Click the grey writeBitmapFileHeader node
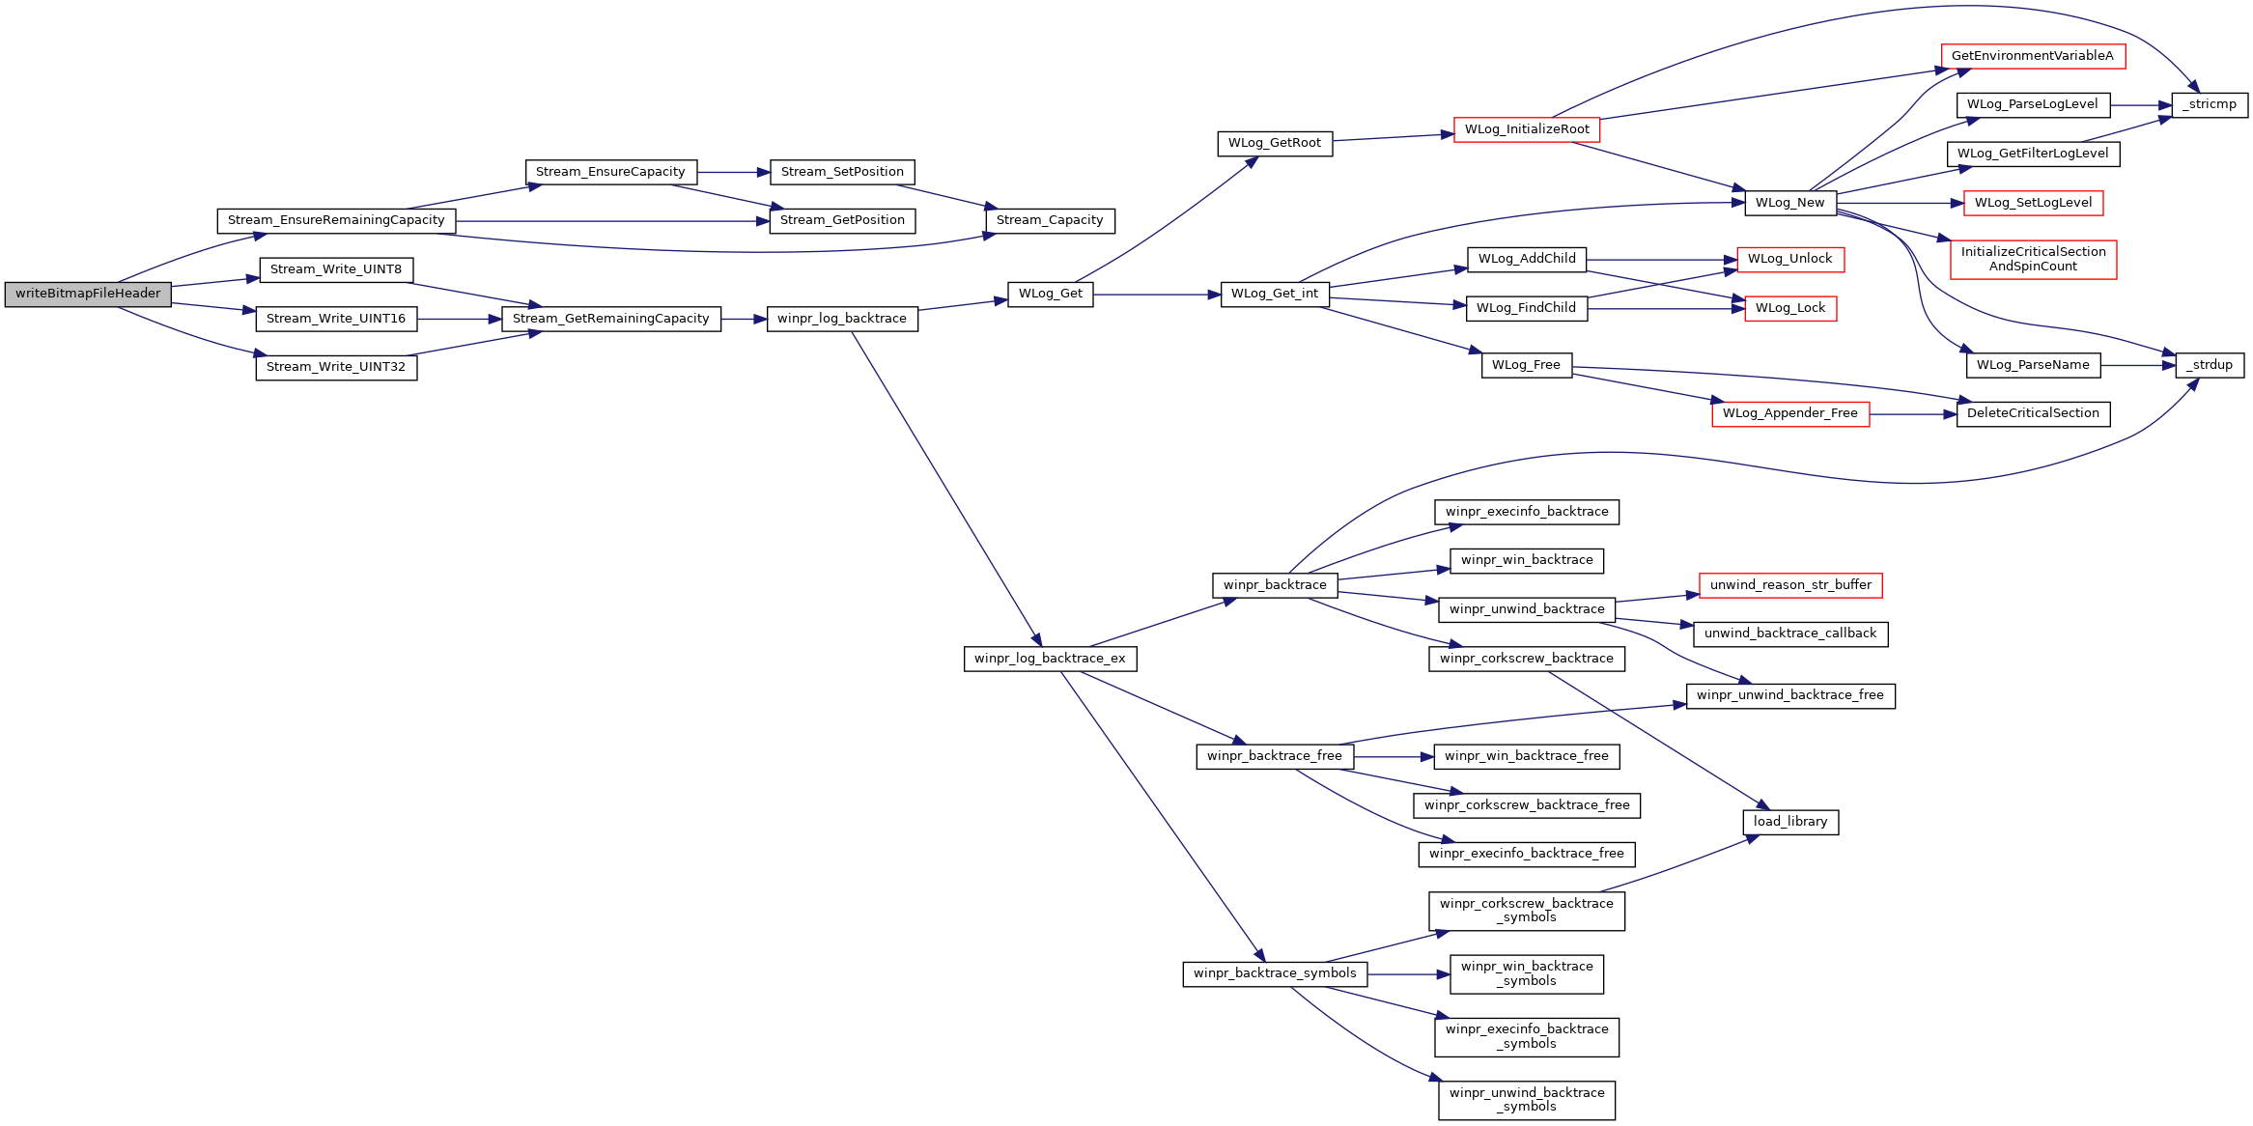88,295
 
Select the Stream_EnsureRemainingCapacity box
336,221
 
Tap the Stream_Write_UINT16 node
336,319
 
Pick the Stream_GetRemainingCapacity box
611,319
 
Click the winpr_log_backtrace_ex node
1050,659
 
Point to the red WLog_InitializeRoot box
1527,129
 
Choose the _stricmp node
2210,105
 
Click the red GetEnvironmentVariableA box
2033,56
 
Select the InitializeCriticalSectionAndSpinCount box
2034,260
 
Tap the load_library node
1790,822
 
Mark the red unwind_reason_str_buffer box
1790,585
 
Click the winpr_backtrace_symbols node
1275,974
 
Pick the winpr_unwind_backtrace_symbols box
1527,1101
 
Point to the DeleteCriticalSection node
2033,414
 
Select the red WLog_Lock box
1790,309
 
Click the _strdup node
2210,366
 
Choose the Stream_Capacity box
1050,221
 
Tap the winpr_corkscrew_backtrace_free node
1527,805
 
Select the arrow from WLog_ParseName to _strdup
2138,366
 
